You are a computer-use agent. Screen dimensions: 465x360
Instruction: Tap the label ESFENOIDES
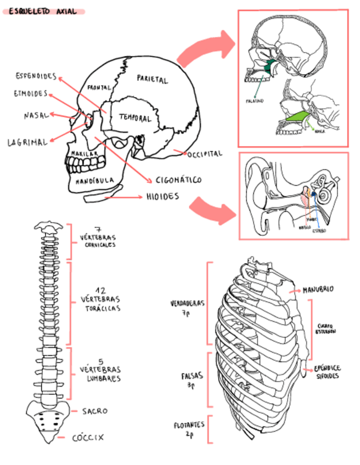[x=36, y=75]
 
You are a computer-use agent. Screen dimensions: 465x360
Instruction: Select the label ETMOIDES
[x=31, y=94]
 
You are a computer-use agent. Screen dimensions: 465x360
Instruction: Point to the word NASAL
[x=36, y=116]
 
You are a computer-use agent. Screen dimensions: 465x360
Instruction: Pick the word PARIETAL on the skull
[x=152, y=80]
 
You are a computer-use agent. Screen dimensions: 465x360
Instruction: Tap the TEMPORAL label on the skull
[x=135, y=118]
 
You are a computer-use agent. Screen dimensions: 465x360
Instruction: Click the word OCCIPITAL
[x=205, y=154]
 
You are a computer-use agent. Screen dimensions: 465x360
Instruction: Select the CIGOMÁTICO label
[x=178, y=180]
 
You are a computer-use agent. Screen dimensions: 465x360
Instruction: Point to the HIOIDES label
[x=162, y=196]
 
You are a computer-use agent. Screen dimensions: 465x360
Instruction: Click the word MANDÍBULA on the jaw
[x=95, y=179]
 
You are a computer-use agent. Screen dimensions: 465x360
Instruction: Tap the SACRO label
[x=94, y=411]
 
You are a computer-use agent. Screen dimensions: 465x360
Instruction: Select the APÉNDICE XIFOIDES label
[x=327, y=372]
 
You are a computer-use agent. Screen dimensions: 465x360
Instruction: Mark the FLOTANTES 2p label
[x=189, y=429]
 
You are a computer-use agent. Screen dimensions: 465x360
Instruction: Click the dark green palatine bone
[x=269, y=67]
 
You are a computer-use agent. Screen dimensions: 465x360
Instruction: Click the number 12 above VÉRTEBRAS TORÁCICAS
[x=100, y=290]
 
